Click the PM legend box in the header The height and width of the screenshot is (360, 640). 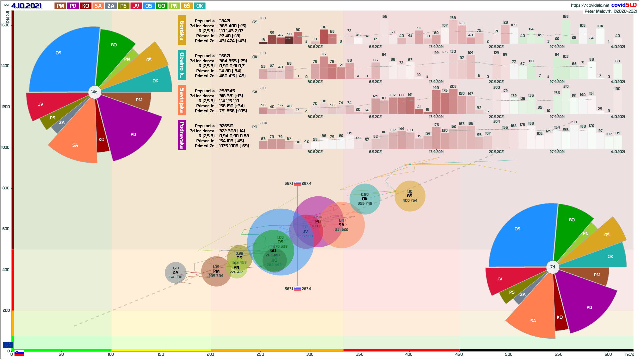pos(60,6)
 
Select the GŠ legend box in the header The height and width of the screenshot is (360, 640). pos(187,6)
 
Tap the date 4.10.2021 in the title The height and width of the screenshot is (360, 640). pos(26,6)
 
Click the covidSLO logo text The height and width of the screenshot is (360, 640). pos(624,5)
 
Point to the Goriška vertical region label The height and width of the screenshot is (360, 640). pos(182,30)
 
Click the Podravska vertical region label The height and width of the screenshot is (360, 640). pos(182,135)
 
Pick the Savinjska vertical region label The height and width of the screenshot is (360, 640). pos(182,100)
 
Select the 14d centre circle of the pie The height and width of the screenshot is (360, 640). pos(95,92)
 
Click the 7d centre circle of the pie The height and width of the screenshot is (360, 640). pos(553,267)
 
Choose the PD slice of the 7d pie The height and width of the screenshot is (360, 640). pos(587,303)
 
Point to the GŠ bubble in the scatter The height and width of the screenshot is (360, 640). pos(410,196)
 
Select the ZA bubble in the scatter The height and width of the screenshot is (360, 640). pos(175,273)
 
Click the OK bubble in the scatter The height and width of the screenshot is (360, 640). pos(365,199)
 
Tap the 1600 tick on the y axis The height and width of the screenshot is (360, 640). pos(6,25)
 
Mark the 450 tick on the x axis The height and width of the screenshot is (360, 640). pos(459,354)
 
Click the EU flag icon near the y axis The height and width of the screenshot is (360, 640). pos(8,345)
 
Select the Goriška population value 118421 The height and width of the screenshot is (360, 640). pos(225,21)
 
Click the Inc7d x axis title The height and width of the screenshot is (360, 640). pos(629,354)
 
